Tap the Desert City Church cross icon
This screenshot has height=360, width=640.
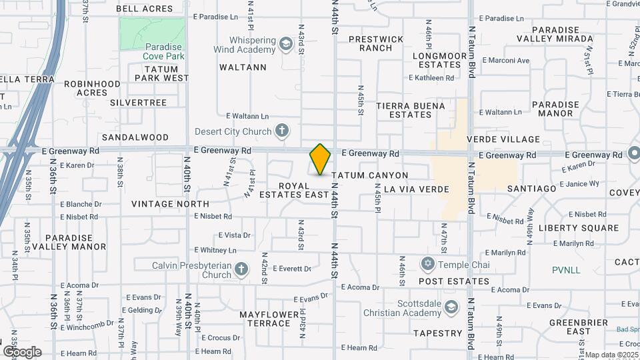282,131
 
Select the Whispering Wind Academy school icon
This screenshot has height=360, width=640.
286,45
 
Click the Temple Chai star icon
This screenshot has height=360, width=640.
428,265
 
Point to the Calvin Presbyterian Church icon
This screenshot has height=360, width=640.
241,269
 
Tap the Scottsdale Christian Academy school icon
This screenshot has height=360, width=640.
452,307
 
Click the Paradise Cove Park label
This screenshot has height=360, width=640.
163,51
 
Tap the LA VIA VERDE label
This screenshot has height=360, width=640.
416,189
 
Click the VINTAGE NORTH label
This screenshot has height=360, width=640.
170,203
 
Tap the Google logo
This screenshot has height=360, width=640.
22,351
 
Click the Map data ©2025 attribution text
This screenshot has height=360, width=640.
612,355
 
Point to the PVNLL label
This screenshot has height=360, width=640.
567,270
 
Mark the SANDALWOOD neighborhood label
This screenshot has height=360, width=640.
135,137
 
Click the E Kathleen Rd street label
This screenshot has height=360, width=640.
431,78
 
